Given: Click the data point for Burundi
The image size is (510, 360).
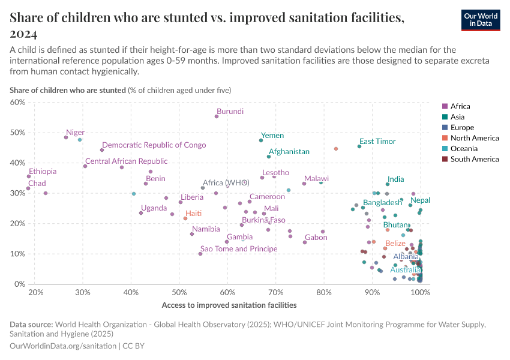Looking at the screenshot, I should coord(217,116).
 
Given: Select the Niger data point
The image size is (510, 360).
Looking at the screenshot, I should coord(66,137).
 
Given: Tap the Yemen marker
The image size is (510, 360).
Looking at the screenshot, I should coord(261,140).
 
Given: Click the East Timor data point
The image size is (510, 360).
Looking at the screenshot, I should coord(359,146).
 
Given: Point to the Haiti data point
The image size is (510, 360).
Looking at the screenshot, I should coord(185,218).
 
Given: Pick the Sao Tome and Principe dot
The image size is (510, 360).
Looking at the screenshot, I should coord(200,254).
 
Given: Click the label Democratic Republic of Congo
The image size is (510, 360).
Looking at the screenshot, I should coord(154,145).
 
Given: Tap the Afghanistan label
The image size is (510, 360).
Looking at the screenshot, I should coord(289,152).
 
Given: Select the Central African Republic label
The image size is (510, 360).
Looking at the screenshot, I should coord(126,161).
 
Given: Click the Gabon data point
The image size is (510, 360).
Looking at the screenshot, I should coord(305,242).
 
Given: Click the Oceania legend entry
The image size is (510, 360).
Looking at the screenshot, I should coord(463,149).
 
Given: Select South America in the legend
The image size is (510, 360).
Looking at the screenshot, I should coord(473,159).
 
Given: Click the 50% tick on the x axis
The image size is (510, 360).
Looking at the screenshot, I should coord(179,292).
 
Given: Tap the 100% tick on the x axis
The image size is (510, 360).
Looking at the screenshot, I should coord(420,292).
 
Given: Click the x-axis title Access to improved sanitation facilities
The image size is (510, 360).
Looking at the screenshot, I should coord(229,305).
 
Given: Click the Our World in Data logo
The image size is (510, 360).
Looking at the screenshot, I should coord(480,20).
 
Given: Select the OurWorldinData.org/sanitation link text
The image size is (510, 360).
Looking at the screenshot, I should coord(63,346).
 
